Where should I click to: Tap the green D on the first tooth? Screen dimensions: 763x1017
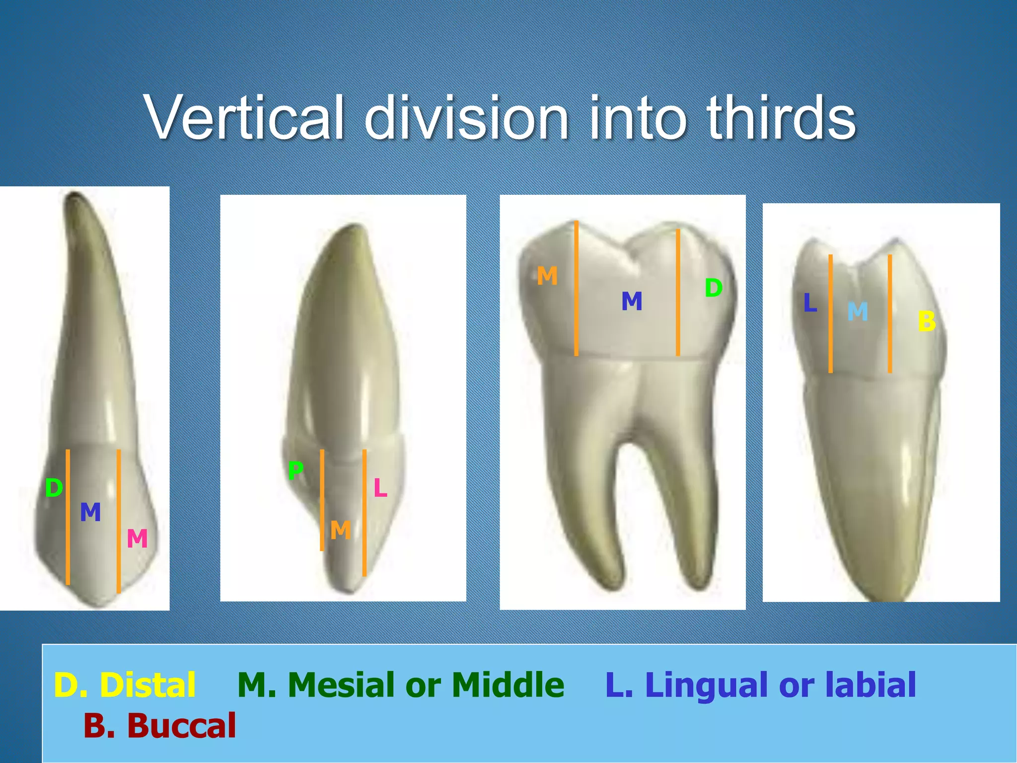(54, 488)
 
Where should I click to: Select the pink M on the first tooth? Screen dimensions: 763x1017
(137, 538)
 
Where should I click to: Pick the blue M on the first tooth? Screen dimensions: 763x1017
(90, 512)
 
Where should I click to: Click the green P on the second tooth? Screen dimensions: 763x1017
(295, 470)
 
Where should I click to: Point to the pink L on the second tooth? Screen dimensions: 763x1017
(380, 488)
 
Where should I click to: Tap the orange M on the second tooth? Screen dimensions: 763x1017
(341, 531)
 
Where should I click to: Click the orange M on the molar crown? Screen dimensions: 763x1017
(547, 276)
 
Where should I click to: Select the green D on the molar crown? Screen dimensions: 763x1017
(714, 288)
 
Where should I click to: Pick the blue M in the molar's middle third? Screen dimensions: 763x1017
(632, 302)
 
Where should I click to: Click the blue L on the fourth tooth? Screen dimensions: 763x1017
(810, 303)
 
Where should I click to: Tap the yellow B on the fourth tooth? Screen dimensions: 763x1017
(927, 321)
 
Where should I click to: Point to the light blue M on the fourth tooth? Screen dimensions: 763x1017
(858, 312)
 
